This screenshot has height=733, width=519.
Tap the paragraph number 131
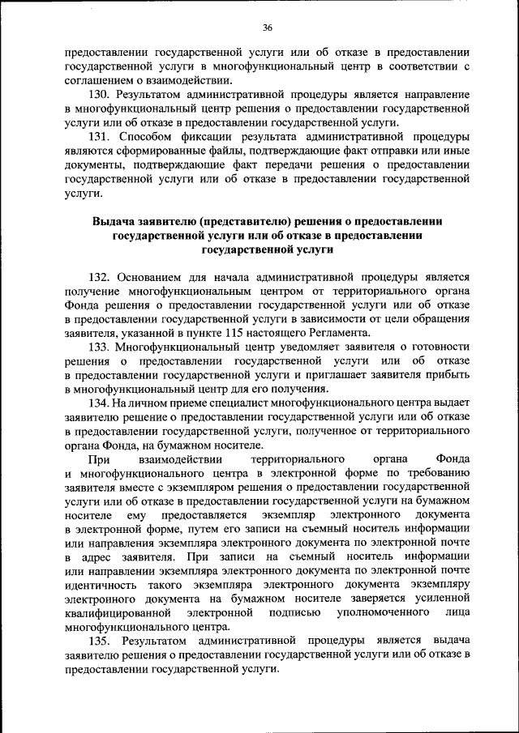pyautogui.click(x=102, y=137)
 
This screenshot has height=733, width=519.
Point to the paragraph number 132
pyautogui.click(x=102, y=276)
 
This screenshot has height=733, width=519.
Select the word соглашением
pyautogui.click(x=99, y=81)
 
